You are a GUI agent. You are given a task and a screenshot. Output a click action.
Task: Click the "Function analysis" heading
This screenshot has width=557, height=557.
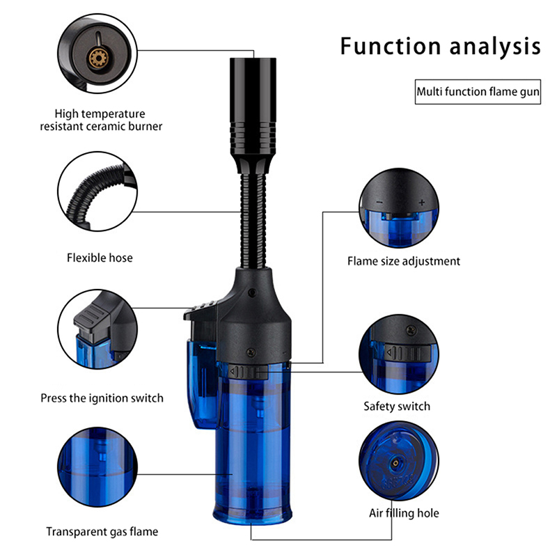tap(441, 46)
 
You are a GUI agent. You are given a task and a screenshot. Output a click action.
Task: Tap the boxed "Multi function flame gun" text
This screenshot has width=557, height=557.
tap(478, 92)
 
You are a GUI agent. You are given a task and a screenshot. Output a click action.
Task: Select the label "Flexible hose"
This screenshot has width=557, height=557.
tap(100, 258)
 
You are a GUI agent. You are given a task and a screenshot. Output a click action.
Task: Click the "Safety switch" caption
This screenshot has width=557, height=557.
tap(397, 406)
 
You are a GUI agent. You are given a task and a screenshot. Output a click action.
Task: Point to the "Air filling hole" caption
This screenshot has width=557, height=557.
tap(404, 513)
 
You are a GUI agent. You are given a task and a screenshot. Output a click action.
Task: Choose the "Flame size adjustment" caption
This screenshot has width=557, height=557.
tap(404, 262)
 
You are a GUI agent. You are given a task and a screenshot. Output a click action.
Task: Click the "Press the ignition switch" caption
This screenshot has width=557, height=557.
tap(102, 398)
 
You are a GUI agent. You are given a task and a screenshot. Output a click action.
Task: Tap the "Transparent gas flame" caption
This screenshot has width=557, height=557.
tap(102, 532)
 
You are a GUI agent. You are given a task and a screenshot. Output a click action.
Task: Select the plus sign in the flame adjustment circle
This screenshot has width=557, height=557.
tap(422, 203)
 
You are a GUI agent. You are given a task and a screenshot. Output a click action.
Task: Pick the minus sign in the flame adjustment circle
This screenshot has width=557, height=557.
tap(379, 203)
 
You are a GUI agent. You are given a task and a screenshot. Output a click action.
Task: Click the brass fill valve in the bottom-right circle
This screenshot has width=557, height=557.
tap(395, 462)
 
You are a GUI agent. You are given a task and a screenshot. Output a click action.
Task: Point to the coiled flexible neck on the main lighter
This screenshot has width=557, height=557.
tap(253, 221)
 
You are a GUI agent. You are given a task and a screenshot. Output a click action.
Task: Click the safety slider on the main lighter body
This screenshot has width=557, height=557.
tap(248, 372)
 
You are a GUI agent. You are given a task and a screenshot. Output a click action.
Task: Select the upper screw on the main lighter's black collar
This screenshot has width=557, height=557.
tap(253, 292)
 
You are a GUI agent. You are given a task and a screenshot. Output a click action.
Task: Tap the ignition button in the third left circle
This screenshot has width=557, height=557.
tap(93, 318)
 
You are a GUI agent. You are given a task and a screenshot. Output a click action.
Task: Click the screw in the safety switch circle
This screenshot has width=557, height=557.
tap(411, 331)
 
